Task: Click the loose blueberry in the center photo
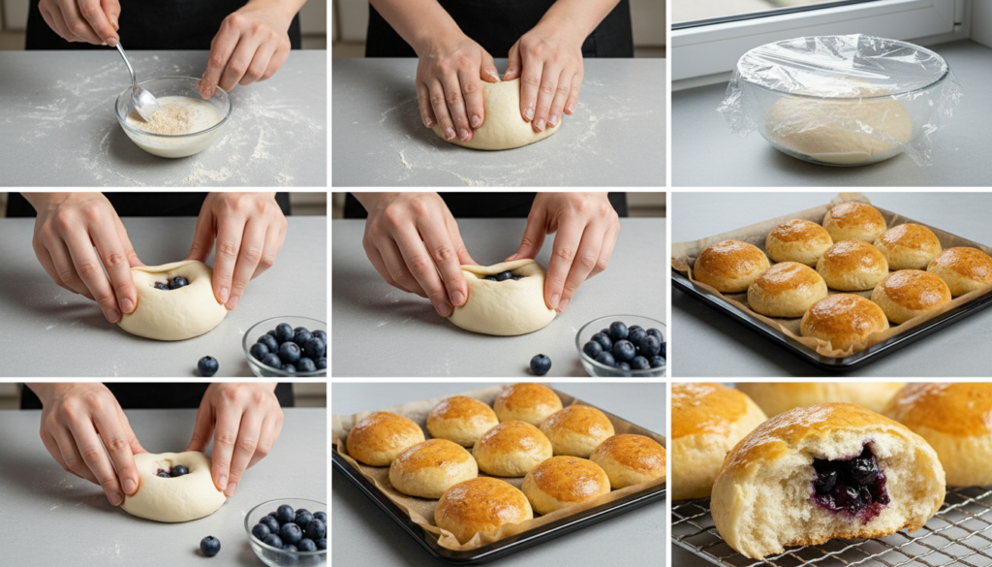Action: (x=540, y=364)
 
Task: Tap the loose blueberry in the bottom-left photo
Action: (x=209, y=546)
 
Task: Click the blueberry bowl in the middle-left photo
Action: (x=286, y=347)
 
